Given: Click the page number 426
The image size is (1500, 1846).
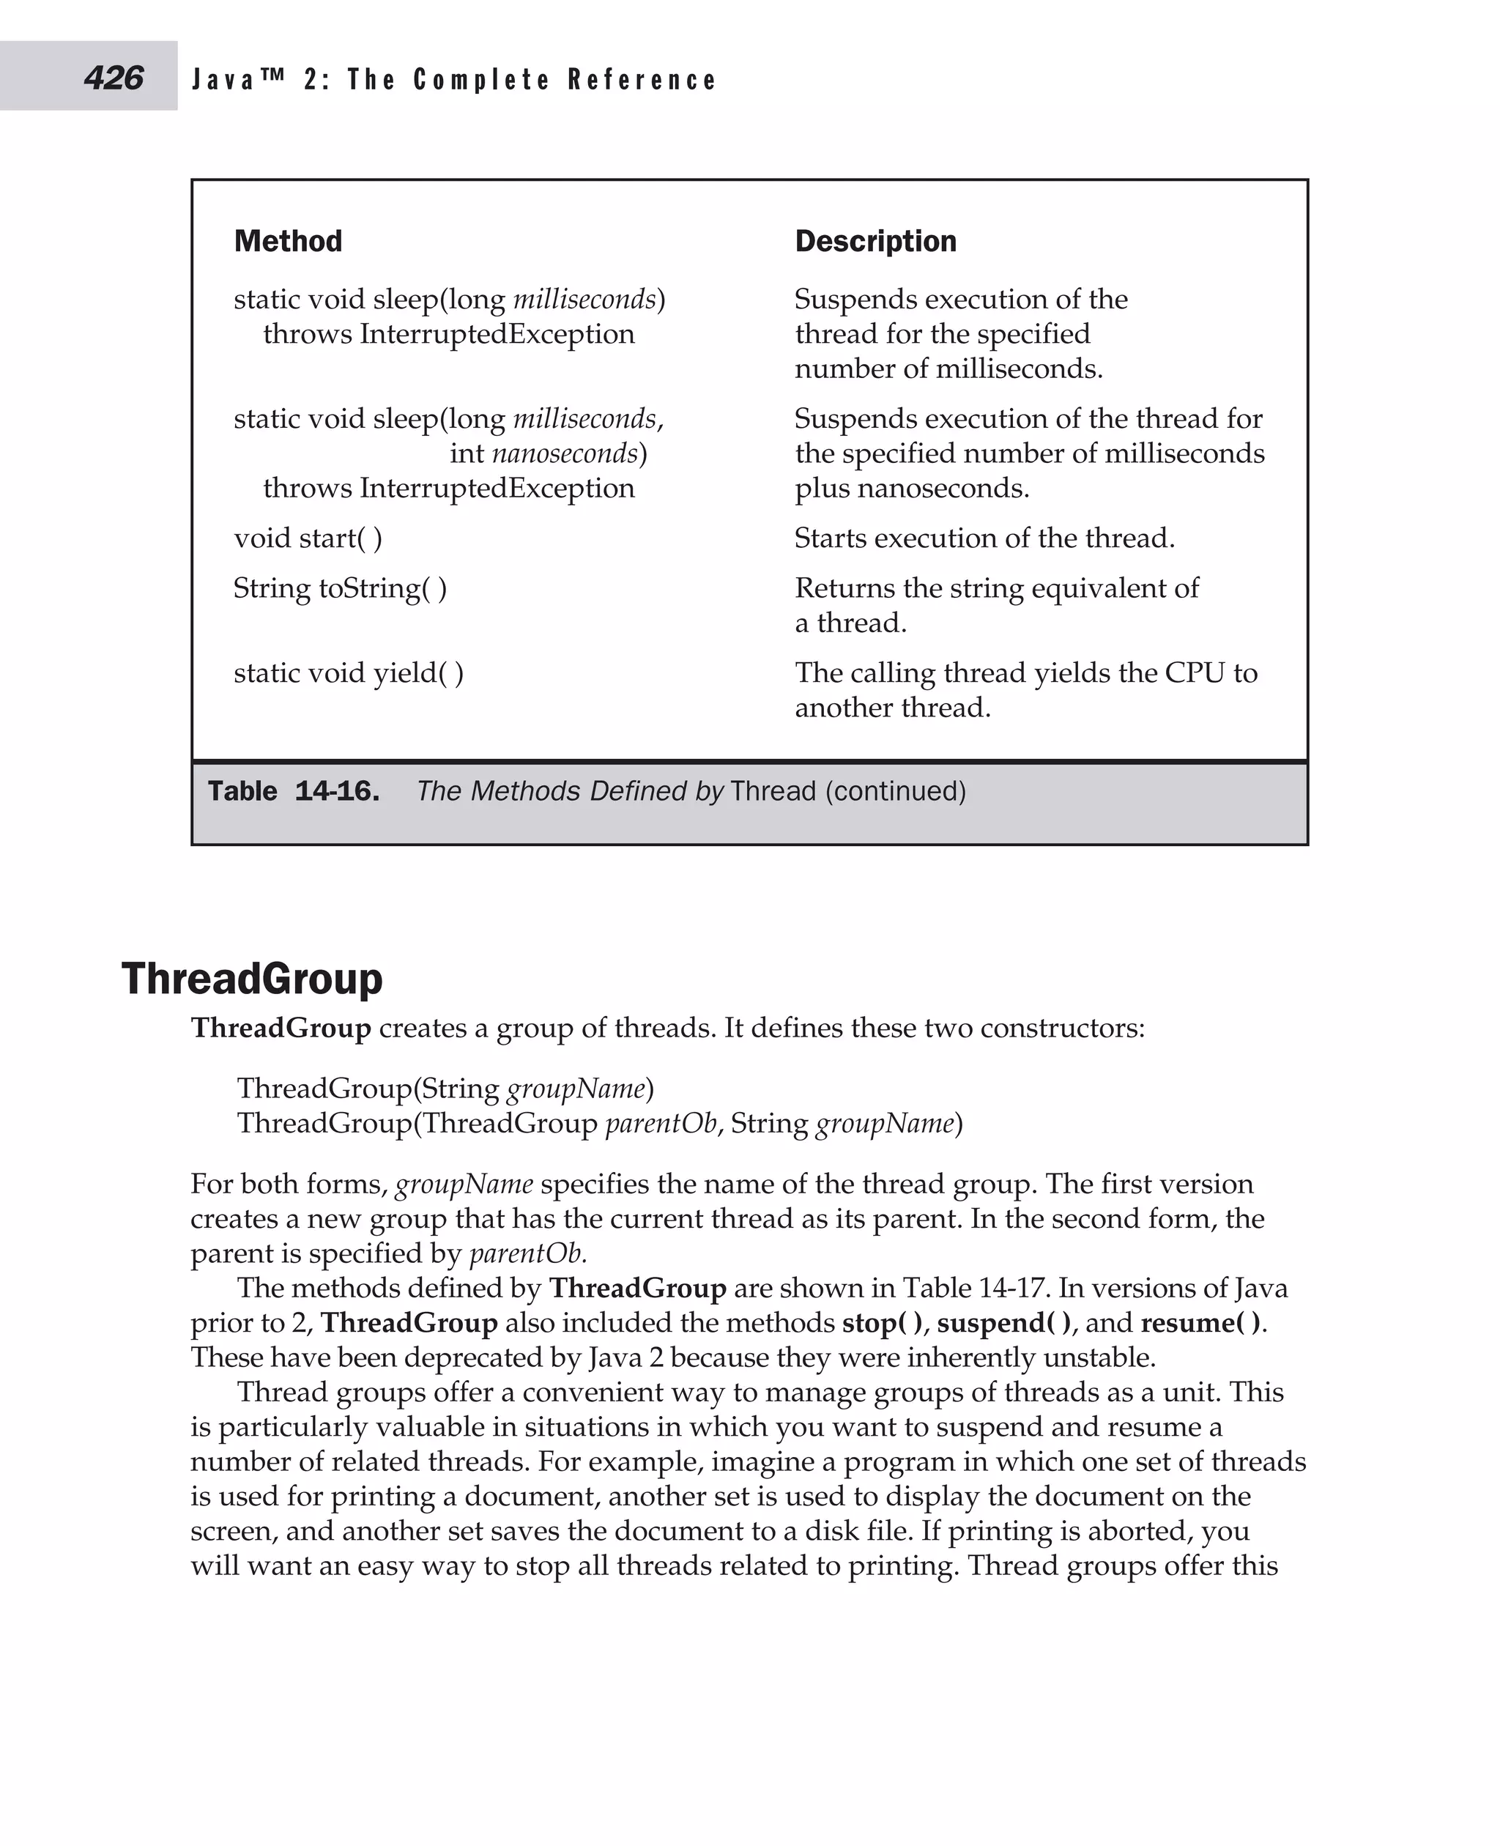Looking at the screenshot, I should [x=114, y=78].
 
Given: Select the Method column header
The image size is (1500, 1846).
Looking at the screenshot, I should [x=288, y=241].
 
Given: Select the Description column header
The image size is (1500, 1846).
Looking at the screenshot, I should [x=875, y=241].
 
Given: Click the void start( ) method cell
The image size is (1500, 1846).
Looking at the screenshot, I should [x=308, y=538].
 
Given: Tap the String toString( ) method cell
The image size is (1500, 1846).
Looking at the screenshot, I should [x=340, y=588].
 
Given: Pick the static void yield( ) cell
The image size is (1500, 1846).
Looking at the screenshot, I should [x=348, y=673].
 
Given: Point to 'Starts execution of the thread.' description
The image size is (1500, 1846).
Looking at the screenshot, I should [x=984, y=538].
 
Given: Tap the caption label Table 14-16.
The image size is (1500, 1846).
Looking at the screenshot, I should [x=293, y=792].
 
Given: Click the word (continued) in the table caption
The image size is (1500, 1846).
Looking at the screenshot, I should [x=895, y=792].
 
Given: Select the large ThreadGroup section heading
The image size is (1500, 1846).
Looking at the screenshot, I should [x=251, y=979].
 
